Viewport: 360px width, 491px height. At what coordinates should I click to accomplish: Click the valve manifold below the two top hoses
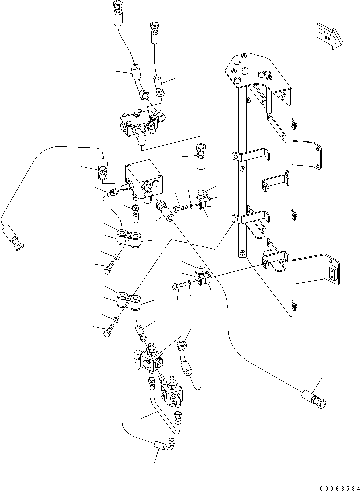point(140,122)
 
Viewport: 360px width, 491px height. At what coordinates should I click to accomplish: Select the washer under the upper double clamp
point(116,257)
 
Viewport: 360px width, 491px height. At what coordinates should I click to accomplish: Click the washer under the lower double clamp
point(116,319)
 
